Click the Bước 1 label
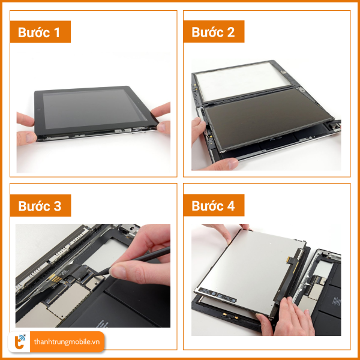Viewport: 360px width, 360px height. (x=39, y=32)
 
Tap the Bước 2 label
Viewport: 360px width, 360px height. (x=213, y=32)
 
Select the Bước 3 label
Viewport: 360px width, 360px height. (x=40, y=206)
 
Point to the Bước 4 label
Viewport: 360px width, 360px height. (x=213, y=205)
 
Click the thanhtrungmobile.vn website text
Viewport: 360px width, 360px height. (x=67, y=341)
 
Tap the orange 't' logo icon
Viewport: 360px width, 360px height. (x=19, y=342)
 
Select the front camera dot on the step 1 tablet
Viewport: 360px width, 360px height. (x=39, y=109)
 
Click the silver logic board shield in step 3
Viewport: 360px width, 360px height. (x=68, y=298)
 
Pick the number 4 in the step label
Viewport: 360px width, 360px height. (x=230, y=206)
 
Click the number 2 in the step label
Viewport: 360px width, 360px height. (x=230, y=32)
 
